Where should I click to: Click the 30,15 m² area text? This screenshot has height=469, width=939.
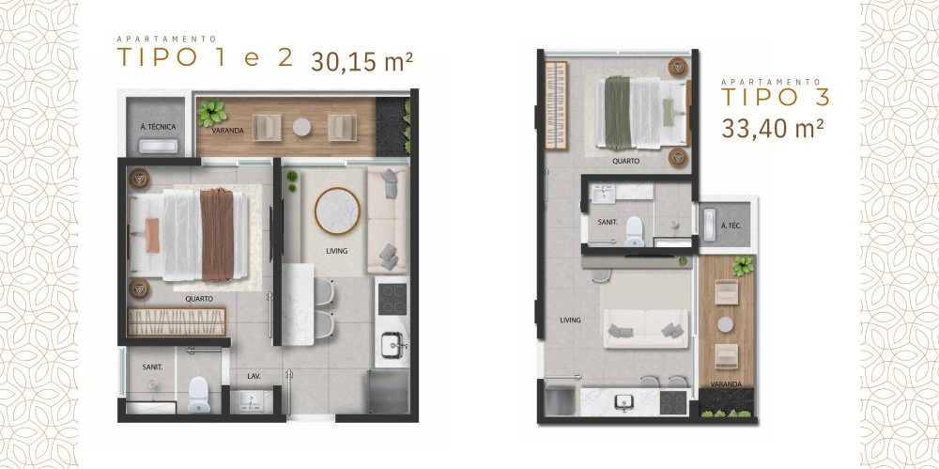(362, 60)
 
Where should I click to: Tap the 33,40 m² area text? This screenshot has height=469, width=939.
(772, 129)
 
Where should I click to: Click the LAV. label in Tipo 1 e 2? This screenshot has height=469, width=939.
(254, 377)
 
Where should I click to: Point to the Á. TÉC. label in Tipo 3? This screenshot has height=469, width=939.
(731, 226)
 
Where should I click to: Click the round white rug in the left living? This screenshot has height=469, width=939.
(337, 211)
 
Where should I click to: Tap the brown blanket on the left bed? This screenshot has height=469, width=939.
(217, 235)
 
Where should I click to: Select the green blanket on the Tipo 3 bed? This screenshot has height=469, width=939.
(618, 112)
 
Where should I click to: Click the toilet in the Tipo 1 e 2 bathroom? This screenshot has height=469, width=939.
(199, 396)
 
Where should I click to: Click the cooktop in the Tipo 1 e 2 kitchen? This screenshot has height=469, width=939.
(393, 299)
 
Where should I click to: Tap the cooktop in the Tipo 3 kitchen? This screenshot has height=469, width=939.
(673, 402)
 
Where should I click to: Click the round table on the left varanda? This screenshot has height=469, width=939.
(301, 127)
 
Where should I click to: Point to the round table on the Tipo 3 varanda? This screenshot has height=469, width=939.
(726, 324)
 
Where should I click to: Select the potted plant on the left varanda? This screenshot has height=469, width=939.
(211, 113)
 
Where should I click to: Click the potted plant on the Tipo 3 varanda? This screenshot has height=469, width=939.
(743, 265)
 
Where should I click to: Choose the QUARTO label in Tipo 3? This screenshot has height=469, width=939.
(625, 162)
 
